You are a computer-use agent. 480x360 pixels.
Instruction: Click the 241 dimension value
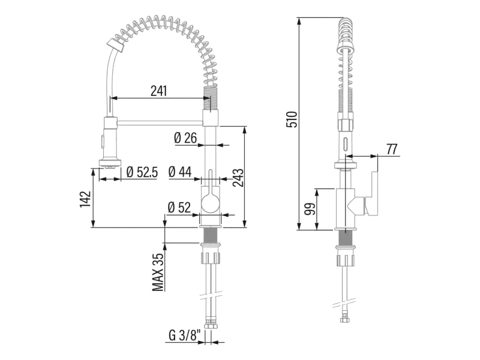(x=158, y=91)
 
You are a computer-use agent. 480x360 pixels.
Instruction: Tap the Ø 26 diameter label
(x=185, y=138)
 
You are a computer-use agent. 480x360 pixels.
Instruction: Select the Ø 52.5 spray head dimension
(x=142, y=172)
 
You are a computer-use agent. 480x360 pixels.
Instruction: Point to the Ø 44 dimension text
(x=180, y=172)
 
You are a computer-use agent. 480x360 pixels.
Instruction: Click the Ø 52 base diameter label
(x=179, y=208)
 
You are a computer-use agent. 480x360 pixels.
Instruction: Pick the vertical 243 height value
(x=238, y=178)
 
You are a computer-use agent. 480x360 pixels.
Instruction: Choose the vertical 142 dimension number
(x=86, y=199)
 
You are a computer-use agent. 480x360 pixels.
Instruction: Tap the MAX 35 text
(x=158, y=272)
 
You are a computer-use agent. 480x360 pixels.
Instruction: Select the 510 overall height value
(x=292, y=119)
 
